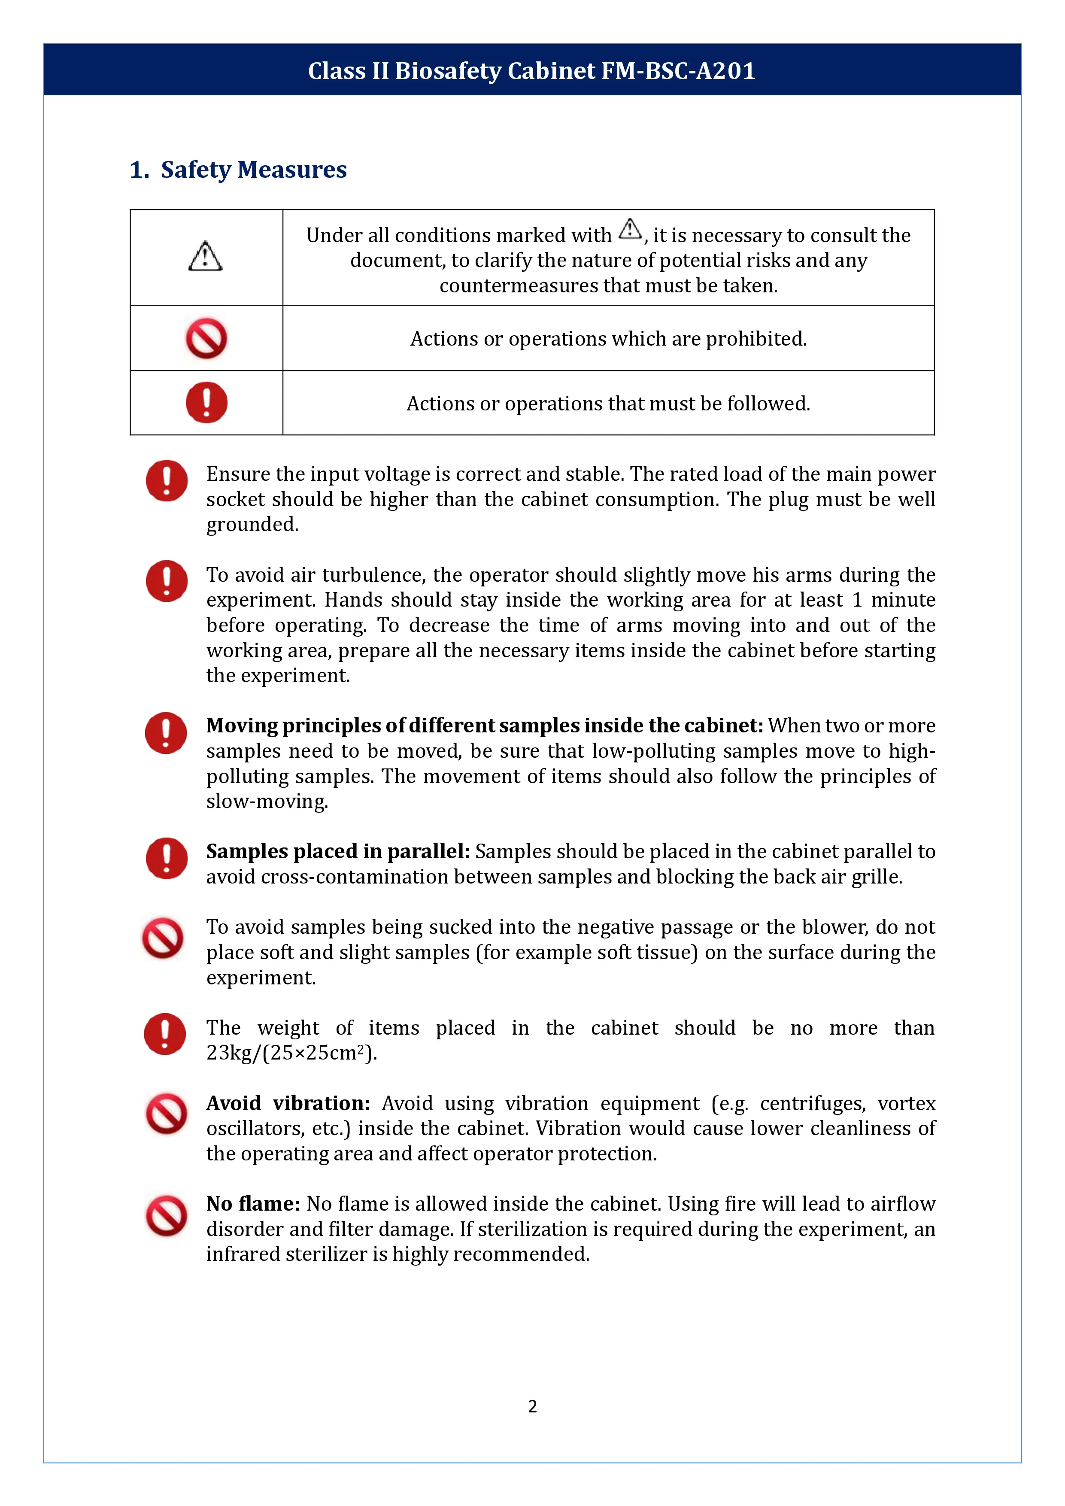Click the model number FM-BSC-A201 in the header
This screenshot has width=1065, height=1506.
678,71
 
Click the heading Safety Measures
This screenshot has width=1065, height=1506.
253,170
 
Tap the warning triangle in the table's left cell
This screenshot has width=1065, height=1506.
205,256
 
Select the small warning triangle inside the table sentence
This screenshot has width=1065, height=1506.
630,230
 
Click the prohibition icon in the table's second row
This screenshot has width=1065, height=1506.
206,338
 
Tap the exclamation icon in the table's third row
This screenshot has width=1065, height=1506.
206,403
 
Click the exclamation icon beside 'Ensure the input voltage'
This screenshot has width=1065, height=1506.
167,481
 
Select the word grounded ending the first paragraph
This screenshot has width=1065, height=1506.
252,525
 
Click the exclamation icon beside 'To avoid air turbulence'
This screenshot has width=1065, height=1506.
167,581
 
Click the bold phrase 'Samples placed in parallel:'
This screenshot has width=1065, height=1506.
338,851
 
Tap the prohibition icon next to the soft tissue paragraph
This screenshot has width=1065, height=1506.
163,938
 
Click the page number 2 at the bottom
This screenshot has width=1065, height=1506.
532,1406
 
